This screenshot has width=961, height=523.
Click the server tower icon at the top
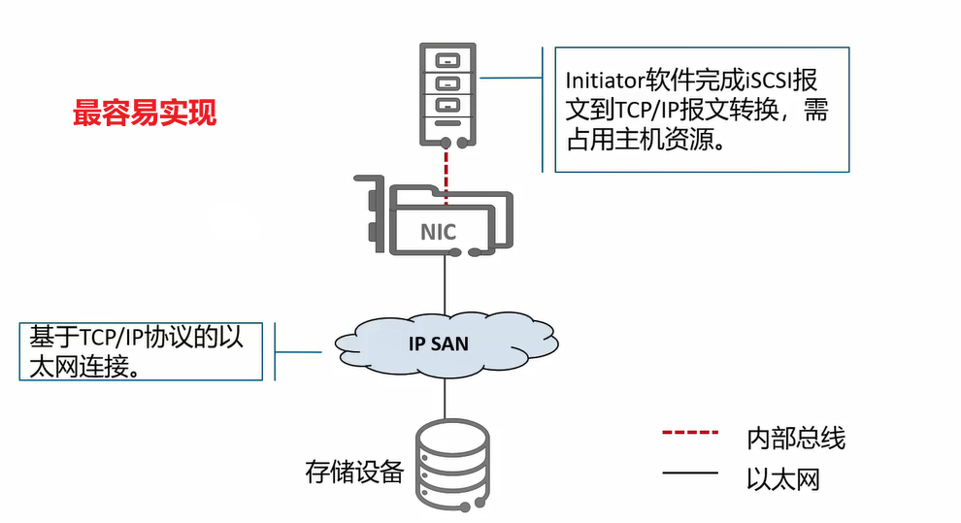(446, 93)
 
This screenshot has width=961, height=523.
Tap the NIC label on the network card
(438, 232)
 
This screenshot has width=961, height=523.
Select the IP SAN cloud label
(437, 343)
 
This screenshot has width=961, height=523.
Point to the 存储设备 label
(354, 473)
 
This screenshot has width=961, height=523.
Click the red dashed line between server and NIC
(446, 175)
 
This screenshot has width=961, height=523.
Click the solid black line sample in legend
(690, 474)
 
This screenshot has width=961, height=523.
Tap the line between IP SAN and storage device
(446, 398)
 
